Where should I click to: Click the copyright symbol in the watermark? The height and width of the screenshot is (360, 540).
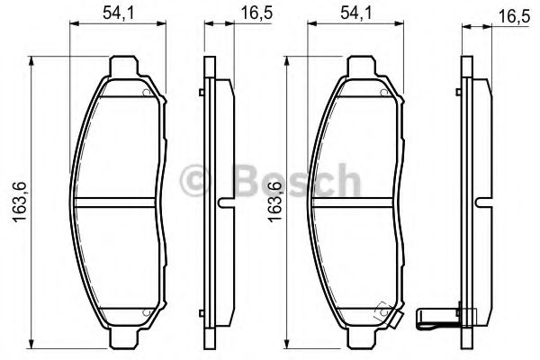[193, 182]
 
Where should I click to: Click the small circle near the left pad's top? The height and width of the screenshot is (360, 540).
[148, 93]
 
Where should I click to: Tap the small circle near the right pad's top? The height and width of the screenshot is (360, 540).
[385, 93]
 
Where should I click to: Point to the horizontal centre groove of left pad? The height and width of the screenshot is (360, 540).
[119, 200]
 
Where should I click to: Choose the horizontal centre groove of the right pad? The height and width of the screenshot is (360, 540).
[357, 200]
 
